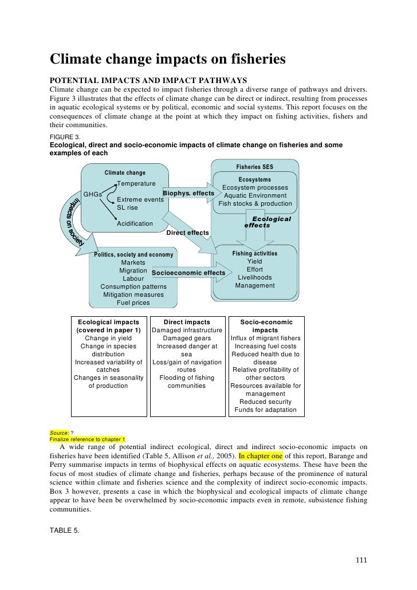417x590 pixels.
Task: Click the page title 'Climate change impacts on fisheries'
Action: tap(168, 60)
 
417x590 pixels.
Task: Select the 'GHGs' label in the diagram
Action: tap(93, 194)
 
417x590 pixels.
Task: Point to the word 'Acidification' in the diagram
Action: tap(135, 223)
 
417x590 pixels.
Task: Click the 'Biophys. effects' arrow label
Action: tap(188, 194)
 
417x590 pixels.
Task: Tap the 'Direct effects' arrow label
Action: tap(187, 233)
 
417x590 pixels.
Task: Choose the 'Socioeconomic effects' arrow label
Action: tap(189, 273)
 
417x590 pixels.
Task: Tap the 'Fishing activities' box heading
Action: tap(254, 253)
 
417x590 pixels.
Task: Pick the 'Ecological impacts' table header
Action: tap(108, 322)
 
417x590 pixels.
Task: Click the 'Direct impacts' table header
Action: tap(187, 322)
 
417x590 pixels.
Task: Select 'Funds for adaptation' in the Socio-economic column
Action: tap(265, 410)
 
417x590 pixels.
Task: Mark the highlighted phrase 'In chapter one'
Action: tap(261, 457)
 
